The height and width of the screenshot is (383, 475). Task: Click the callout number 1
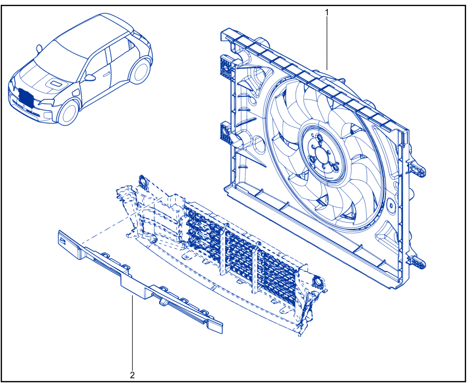pyautogui.click(x=327, y=13)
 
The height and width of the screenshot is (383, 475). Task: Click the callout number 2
pyautogui.click(x=132, y=375)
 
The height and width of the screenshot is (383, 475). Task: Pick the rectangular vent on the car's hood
pyautogui.click(x=56, y=84)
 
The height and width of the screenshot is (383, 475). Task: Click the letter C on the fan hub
pyautogui.click(x=313, y=135)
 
